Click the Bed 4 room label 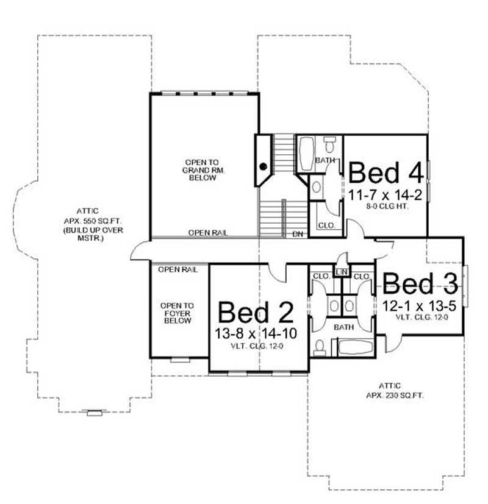tap(386, 172)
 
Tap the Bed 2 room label tap(256, 312)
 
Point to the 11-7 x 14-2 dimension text tap(385, 195)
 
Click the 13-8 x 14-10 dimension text tap(256, 334)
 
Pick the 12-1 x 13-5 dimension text tap(421, 304)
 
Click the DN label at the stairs tap(298, 233)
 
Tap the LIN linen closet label tap(342, 270)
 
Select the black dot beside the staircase tap(264, 166)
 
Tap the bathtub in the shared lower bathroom tap(355, 349)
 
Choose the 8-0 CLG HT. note tap(385, 207)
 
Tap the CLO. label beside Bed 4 tap(325, 225)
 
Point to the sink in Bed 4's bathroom tap(317, 188)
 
